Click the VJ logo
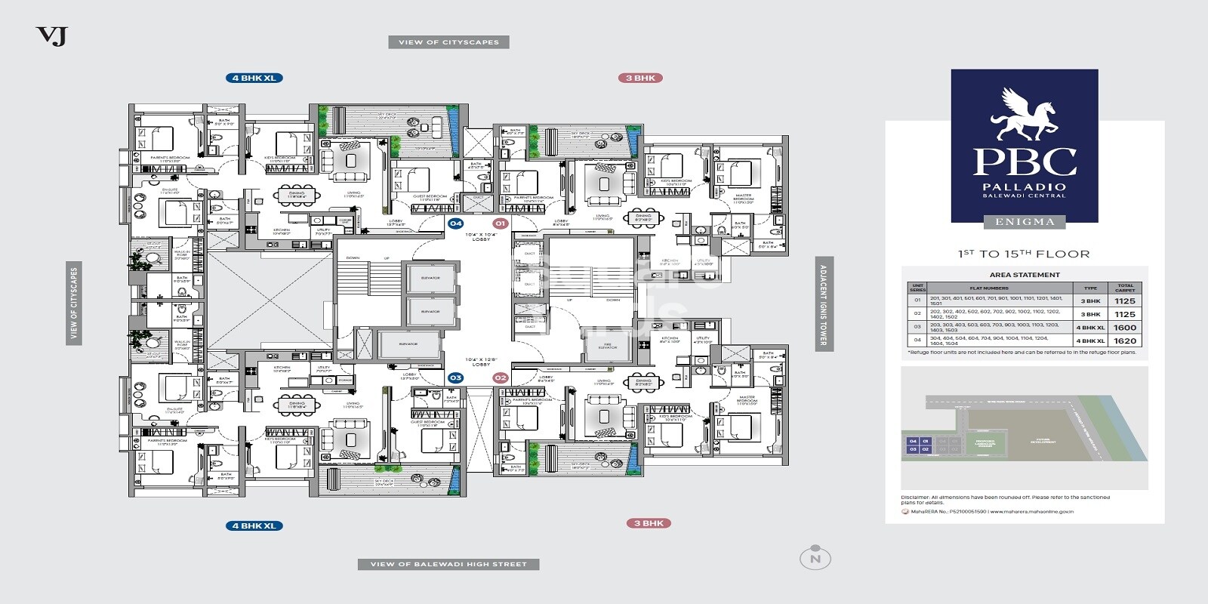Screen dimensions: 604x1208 point(51,35)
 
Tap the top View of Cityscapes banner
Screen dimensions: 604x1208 point(448,42)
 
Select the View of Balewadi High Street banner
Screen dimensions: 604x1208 point(448,564)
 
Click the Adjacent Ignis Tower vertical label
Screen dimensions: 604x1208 point(823,305)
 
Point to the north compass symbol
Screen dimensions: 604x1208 point(815,559)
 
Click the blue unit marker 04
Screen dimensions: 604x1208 point(455,223)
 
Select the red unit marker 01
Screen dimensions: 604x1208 point(500,223)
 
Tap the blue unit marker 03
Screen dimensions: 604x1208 point(455,377)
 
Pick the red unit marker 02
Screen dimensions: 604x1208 point(500,377)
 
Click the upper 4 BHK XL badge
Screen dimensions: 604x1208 point(254,78)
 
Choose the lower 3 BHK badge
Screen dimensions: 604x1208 point(648,523)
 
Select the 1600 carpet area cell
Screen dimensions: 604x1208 point(1124,328)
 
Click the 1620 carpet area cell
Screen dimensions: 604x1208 point(1124,341)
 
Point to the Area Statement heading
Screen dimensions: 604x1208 point(1024,275)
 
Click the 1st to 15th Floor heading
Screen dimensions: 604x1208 point(1024,254)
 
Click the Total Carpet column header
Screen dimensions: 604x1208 point(1124,288)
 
